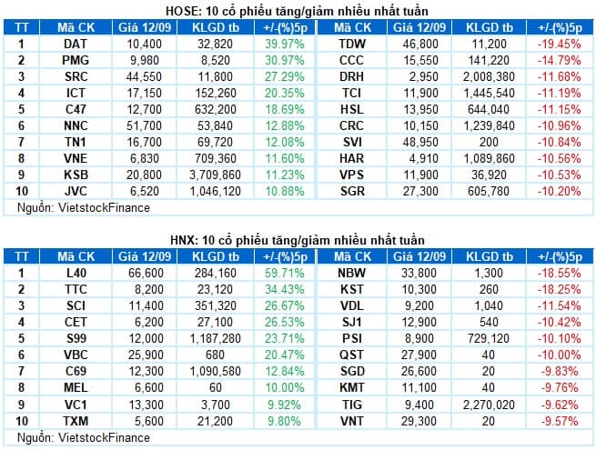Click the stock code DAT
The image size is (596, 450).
[x=76, y=44]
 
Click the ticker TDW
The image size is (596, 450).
[x=351, y=44]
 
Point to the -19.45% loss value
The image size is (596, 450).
[x=561, y=44]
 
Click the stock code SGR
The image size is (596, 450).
[x=351, y=191]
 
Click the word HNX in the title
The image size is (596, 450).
[x=183, y=238]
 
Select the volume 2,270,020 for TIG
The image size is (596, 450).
[x=491, y=403]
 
